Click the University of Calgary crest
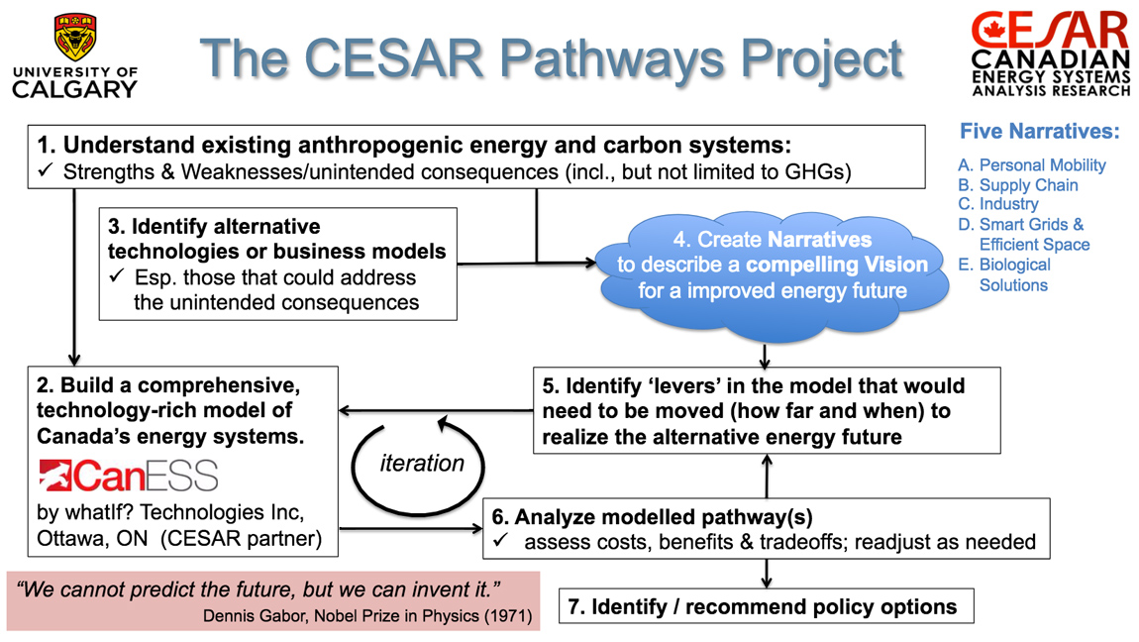[75, 37]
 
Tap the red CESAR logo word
[1050, 31]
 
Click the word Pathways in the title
[612, 58]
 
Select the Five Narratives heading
[1040, 132]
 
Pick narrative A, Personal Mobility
[1031, 165]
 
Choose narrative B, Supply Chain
[1018, 185]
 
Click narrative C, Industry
[998, 204]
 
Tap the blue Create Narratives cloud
[773, 275]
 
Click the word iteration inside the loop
[421, 464]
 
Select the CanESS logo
[128, 477]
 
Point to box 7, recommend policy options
[766, 606]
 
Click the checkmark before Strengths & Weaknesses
[46, 170]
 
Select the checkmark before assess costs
[500, 541]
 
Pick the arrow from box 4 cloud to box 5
[765, 355]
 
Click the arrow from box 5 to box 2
[437, 411]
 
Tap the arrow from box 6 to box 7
[767, 574]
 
